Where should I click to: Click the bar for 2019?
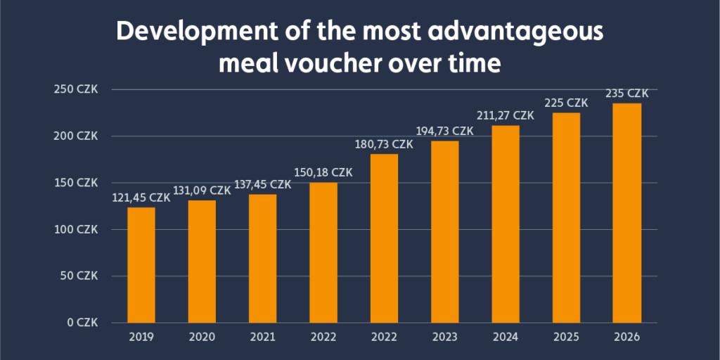[x=141, y=265]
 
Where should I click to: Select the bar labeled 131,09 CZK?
[x=202, y=262]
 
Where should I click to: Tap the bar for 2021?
[x=262, y=259]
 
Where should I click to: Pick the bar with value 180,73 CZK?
[x=384, y=238]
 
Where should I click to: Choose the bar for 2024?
[x=506, y=224]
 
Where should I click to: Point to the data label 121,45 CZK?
[x=141, y=198]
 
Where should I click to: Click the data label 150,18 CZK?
[x=323, y=173]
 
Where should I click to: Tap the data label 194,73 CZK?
[x=444, y=131]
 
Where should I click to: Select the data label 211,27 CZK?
[x=506, y=115]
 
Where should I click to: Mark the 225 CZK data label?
[x=566, y=103]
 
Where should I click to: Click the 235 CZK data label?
[x=626, y=94]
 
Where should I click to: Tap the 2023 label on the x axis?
[x=444, y=337]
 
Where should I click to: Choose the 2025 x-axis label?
[x=566, y=337]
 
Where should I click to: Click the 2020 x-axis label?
[x=202, y=337]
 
